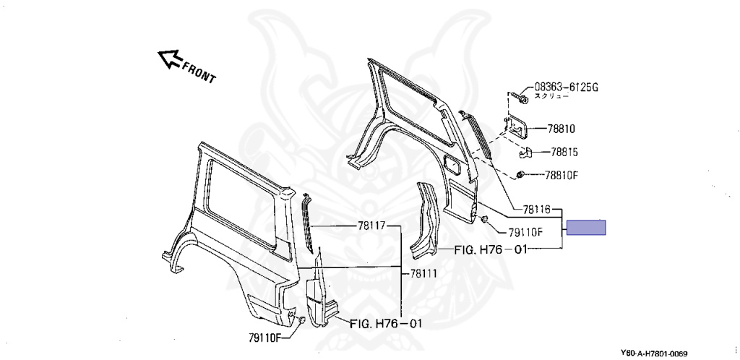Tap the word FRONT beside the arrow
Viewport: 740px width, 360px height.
(x=199, y=72)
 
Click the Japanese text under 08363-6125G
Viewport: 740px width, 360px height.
(x=551, y=96)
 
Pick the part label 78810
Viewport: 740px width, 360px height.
(x=562, y=129)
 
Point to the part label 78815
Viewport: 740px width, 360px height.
(x=564, y=153)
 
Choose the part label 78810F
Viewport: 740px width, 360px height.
(x=562, y=176)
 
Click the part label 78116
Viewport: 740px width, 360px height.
(x=537, y=208)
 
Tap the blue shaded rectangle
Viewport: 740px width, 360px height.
(x=586, y=228)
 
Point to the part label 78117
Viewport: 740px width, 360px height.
(x=371, y=226)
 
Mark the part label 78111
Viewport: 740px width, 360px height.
(x=423, y=273)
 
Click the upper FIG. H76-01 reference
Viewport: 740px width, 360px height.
(x=491, y=249)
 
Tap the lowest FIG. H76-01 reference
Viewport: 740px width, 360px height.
(x=386, y=324)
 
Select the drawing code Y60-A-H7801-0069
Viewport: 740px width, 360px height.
(x=653, y=353)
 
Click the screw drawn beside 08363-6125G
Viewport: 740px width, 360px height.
(x=519, y=98)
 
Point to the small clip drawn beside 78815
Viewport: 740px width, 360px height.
(x=525, y=153)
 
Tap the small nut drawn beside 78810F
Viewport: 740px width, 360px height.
(x=520, y=175)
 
